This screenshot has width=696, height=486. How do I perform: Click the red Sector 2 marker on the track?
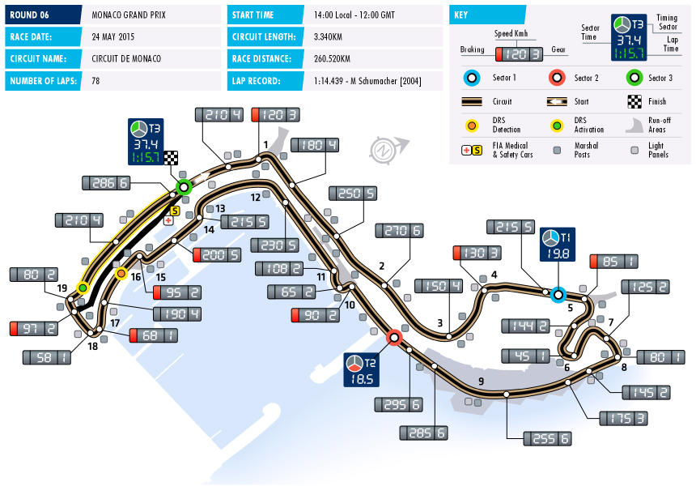(x=395, y=336)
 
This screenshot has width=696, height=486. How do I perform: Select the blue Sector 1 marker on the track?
(x=558, y=295)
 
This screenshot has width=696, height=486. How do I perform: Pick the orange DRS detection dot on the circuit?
(x=121, y=273)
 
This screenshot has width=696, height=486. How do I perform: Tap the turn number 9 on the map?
(x=480, y=381)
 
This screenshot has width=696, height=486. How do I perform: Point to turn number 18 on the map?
(x=92, y=347)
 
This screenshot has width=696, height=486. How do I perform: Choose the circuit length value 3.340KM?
(x=333, y=36)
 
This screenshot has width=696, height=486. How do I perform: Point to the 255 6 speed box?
(x=547, y=438)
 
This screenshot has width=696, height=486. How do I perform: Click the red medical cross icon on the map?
(x=168, y=220)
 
